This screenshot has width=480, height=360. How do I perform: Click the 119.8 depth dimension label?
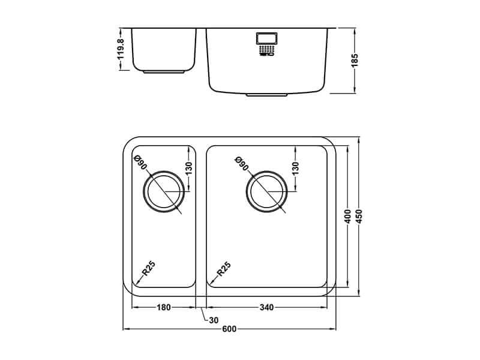click(x=121, y=49)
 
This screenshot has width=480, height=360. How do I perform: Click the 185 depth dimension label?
click(x=355, y=61)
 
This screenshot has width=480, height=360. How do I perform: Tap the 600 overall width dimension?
click(x=229, y=329)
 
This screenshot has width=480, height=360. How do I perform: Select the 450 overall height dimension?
click(x=359, y=217)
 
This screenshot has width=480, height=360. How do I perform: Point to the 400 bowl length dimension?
click(x=347, y=217)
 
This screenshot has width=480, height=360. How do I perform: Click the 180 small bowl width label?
click(x=164, y=307)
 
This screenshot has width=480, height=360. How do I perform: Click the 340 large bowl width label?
click(x=266, y=307)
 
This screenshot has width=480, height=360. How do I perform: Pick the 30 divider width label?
click(x=214, y=320)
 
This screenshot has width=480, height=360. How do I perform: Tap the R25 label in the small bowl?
click(x=149, y=268)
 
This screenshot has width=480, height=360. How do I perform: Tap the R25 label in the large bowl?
click(x=224, y=269)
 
